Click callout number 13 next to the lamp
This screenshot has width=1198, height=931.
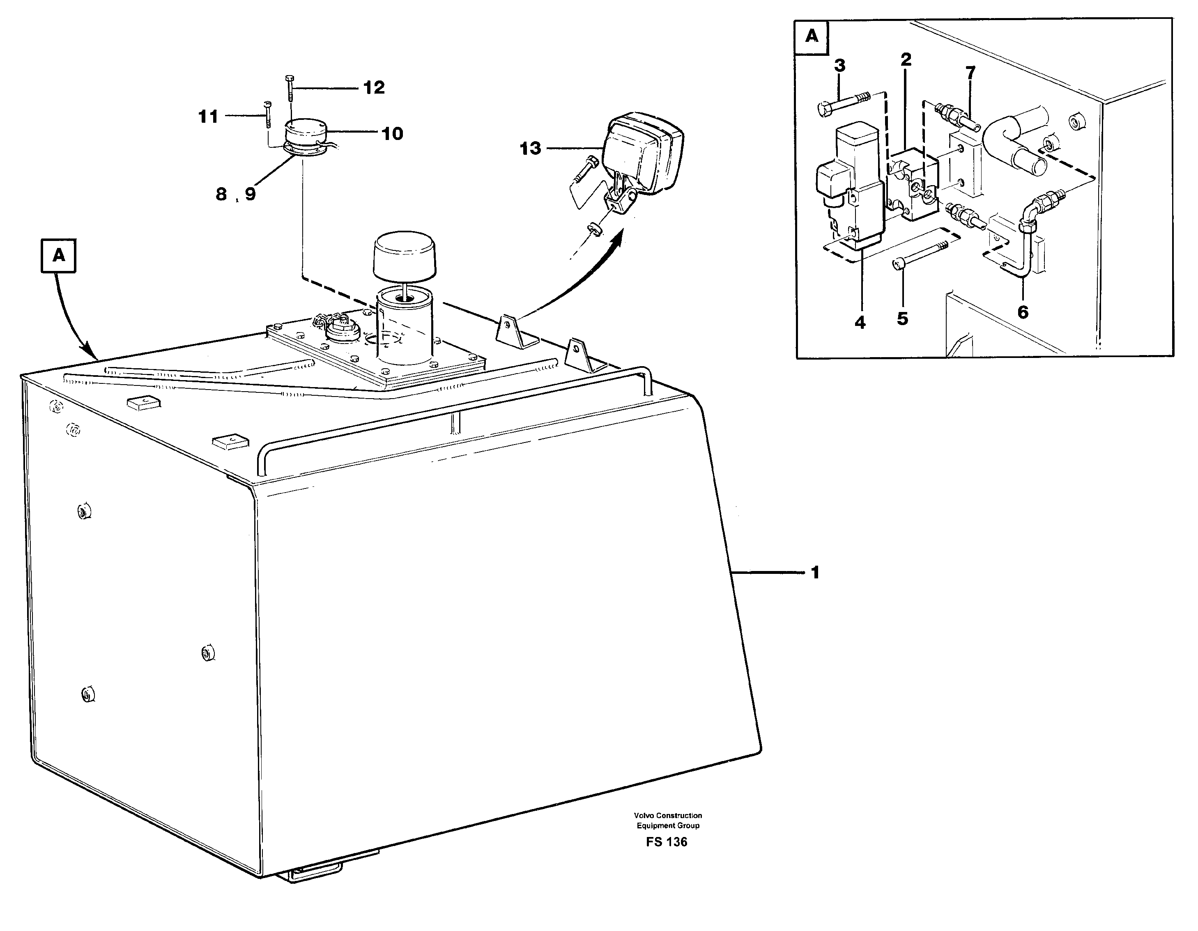(530, 149)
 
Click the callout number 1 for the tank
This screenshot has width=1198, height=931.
(815, 573)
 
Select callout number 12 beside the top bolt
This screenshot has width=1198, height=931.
(374, 88)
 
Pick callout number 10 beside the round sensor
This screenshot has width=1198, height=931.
(392, 133)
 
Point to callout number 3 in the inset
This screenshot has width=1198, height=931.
(840, 66)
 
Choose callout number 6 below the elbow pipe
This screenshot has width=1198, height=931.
(1023, 312)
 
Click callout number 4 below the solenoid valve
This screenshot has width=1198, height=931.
(860, 322)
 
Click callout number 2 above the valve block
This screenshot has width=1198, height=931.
(906, 59)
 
